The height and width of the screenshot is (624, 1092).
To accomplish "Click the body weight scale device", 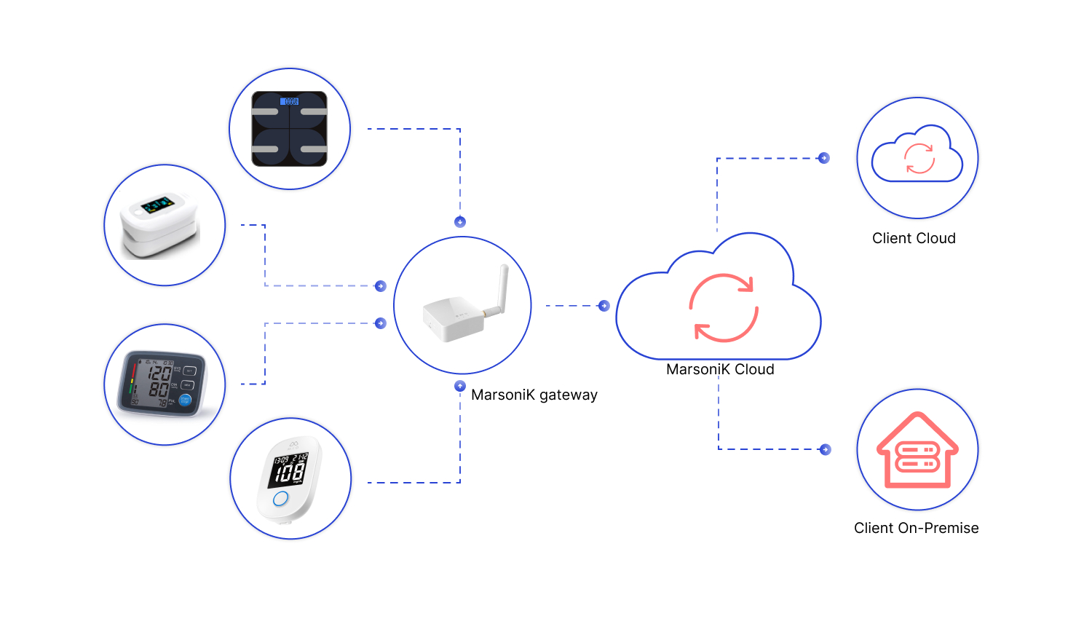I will [290, 129].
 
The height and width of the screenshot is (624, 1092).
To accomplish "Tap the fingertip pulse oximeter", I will [160, 225].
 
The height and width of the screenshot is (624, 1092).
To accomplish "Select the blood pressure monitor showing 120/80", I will [162, 384].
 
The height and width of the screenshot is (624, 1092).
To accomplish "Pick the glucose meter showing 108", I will [290, 478].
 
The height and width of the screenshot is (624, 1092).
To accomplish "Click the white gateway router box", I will [453, 318].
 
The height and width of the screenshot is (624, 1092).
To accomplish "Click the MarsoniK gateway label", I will [534, 395].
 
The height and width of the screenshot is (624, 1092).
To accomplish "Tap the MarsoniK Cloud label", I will [720, 369].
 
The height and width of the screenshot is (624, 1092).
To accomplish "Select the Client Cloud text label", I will [914, 238].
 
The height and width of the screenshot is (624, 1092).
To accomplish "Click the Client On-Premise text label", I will [916, 528].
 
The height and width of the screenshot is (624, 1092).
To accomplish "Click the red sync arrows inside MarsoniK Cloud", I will [724, 308].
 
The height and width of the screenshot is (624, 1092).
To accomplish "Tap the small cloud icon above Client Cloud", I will [917, 156].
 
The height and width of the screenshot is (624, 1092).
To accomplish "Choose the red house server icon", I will [917, 451].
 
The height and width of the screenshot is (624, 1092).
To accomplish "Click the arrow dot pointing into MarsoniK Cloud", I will [604, 306].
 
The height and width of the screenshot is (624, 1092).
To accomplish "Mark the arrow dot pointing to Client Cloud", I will [824, 158].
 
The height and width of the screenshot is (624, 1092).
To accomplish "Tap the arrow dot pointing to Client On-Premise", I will [825, 449].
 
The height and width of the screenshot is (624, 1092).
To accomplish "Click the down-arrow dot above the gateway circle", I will [460, 222].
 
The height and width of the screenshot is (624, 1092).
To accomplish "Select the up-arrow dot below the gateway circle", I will [460, 386].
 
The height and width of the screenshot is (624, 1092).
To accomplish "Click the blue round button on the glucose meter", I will [280, 499].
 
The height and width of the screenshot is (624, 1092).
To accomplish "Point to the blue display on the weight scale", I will [290, 101].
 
